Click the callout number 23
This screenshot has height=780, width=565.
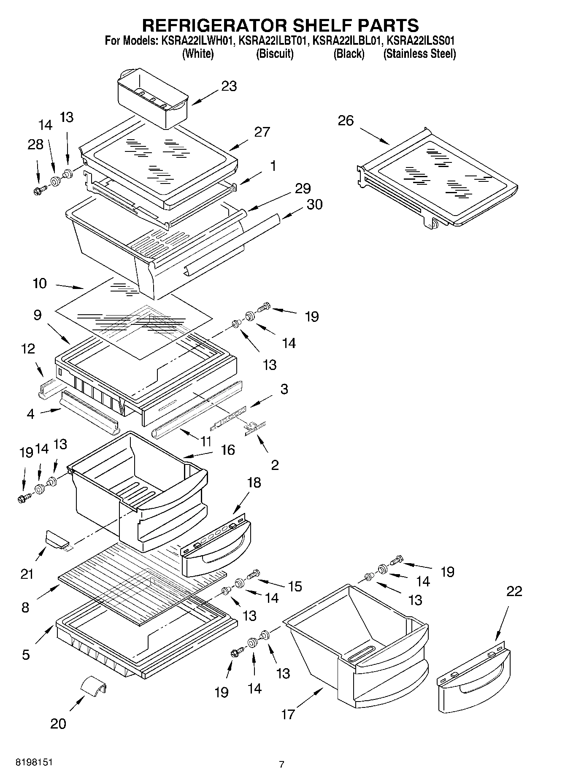click(x=229, y=86)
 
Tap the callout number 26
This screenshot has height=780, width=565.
click(x=346, y=121)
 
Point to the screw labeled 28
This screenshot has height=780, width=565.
click(x=39, y=191)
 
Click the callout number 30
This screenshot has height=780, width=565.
click(x=314, y=204)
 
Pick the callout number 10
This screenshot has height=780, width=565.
click(x=39, y=283)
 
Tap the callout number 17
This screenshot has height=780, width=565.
click(x=288, y=714)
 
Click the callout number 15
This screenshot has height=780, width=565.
click(x=295, y=586)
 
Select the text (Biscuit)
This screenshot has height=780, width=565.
click(x=275, y=54)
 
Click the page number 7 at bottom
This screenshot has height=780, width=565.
click(x=281, y=764)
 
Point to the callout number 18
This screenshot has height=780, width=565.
click(x=254, y=482)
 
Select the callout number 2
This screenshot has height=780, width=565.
click(x=275, y=465)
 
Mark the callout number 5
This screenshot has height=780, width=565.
click(x=26, y=654)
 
